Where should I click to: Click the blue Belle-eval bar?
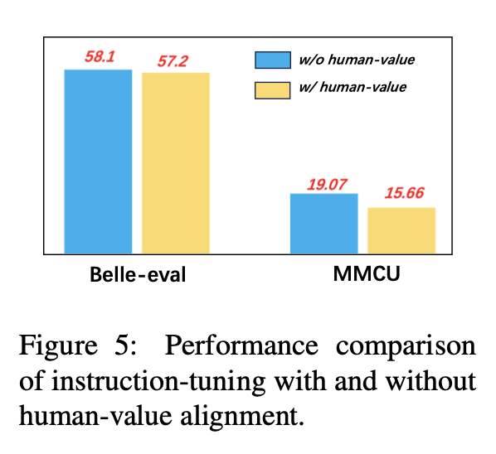pyautogui.click(x=98, y=162)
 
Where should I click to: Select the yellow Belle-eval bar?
pyautogui.click(x=176, y=163)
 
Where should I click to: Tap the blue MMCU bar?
pyautogui.click(x=324, y=224)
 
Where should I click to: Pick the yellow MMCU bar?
pyautogui.click(x=401, y=230)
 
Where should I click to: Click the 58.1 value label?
pyautogui.click(x=100, y=57)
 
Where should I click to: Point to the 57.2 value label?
pyautogui.click(x=173, y=61)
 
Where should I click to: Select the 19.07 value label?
pyautogui.click(x=327, y=185)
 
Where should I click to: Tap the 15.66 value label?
pyautogui.click(x=404, y=193)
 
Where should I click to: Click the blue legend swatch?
pyautogui.click(x=273, y=60)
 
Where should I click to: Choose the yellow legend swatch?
pyautogui.click(x=272, y=90)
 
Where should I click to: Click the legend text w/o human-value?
pyautogui.click(x=357, y=60)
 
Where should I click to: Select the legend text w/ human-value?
pyautogui.click(x=353, y=87)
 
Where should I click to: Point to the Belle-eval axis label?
pyautogui.click(x=138, y=274)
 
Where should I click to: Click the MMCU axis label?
pyautogui.click(x=367, y=273)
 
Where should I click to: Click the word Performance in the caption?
pyautogui.click(x=241, y=345)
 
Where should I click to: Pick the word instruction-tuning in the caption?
pyautogui.click(x=158, y=382)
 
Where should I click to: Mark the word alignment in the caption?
pyautogui.click(x=242, y=417)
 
